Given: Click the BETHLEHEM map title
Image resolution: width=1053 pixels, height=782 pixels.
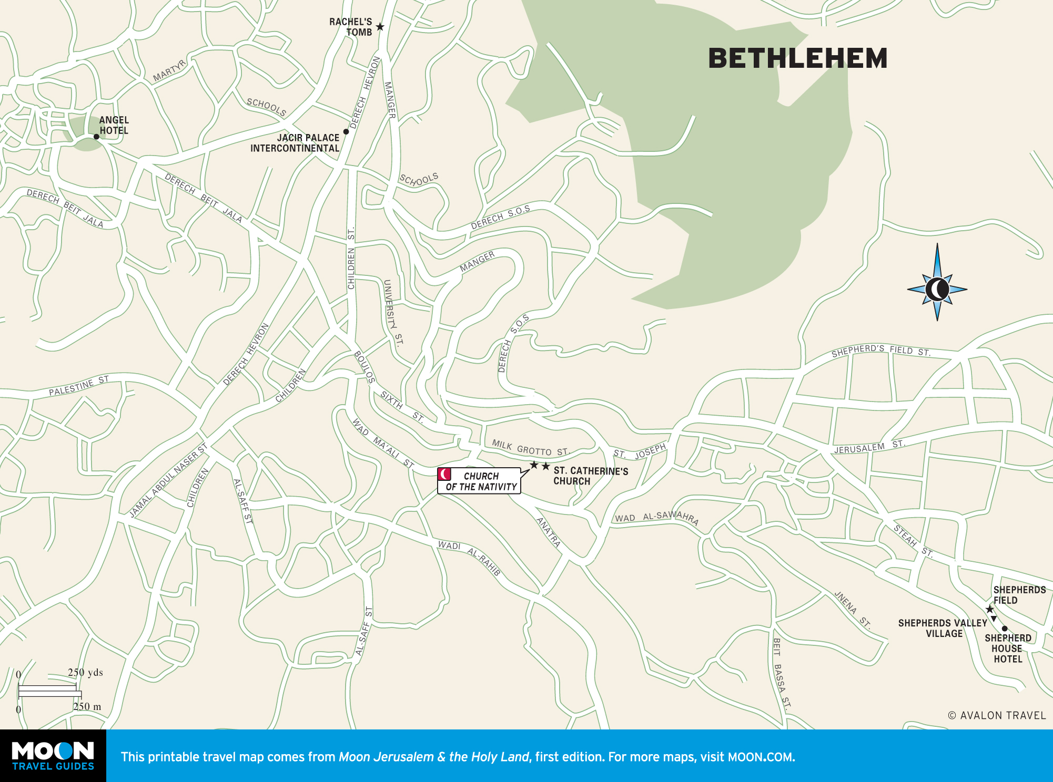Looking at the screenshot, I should point(797,58).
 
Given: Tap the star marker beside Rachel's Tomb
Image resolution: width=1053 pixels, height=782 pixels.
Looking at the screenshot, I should point(380,26).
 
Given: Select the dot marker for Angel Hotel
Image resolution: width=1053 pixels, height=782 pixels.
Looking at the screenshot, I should point(96,137).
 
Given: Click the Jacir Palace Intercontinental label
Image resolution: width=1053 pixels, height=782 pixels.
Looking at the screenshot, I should point(295,143).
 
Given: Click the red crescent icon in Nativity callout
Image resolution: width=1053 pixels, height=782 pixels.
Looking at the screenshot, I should point(444,474).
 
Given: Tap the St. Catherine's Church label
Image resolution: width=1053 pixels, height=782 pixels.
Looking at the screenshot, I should point(590,476).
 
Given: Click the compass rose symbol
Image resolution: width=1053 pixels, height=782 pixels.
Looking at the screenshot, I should point(937,289).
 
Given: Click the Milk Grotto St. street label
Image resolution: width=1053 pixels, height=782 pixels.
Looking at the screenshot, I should point(530,448).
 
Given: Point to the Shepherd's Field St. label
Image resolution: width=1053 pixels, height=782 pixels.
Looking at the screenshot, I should point(880,351).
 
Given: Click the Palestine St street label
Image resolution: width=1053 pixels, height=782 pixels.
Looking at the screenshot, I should point(79,386).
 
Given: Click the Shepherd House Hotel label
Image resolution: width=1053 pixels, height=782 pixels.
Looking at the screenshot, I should point(1008,649).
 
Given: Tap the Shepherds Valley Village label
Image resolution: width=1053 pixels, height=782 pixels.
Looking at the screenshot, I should point(943,628).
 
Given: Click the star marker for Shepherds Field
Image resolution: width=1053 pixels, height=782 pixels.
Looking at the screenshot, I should point(989,609).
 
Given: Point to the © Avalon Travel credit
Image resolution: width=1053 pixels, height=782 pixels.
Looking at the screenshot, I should point(997,715).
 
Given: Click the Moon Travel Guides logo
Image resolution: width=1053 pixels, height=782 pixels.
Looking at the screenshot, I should point(53,756).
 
